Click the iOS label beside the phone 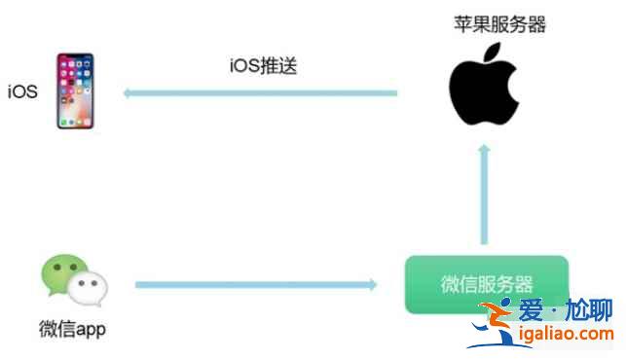(23, 92)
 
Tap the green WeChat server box (486, 284)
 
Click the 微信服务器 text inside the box (486, 284)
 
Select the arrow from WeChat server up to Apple (484, 195)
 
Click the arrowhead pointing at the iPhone (129, 93)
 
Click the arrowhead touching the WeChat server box (371, 284)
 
